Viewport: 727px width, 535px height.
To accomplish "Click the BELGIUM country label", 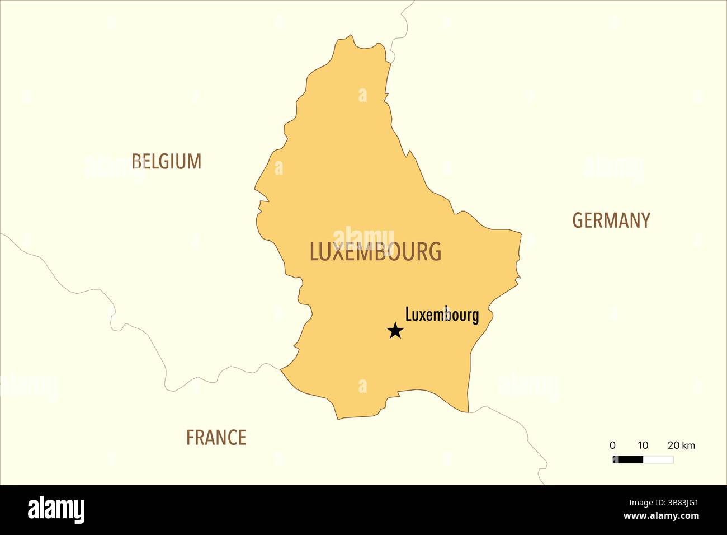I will click(166, 162).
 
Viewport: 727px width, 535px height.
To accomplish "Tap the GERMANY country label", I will click(611, 220).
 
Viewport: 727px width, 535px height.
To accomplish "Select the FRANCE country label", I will click(216, 437).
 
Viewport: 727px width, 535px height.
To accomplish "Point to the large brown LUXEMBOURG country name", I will click(375, 252).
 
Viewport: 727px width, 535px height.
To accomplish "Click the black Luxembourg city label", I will click(442, 315).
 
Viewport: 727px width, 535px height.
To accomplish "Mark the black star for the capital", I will click(395, 331).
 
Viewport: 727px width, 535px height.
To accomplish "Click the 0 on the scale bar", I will click(612, 445).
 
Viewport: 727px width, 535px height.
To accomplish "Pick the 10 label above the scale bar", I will click(643, 445).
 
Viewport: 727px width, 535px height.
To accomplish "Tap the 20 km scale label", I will click(681, 445).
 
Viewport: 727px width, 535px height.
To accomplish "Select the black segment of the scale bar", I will click(628, 460).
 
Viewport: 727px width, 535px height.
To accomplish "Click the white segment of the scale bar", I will click(658, 460).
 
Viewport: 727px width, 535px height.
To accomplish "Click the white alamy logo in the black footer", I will click(56, 510).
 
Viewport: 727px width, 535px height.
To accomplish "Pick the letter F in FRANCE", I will click(190, 437).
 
